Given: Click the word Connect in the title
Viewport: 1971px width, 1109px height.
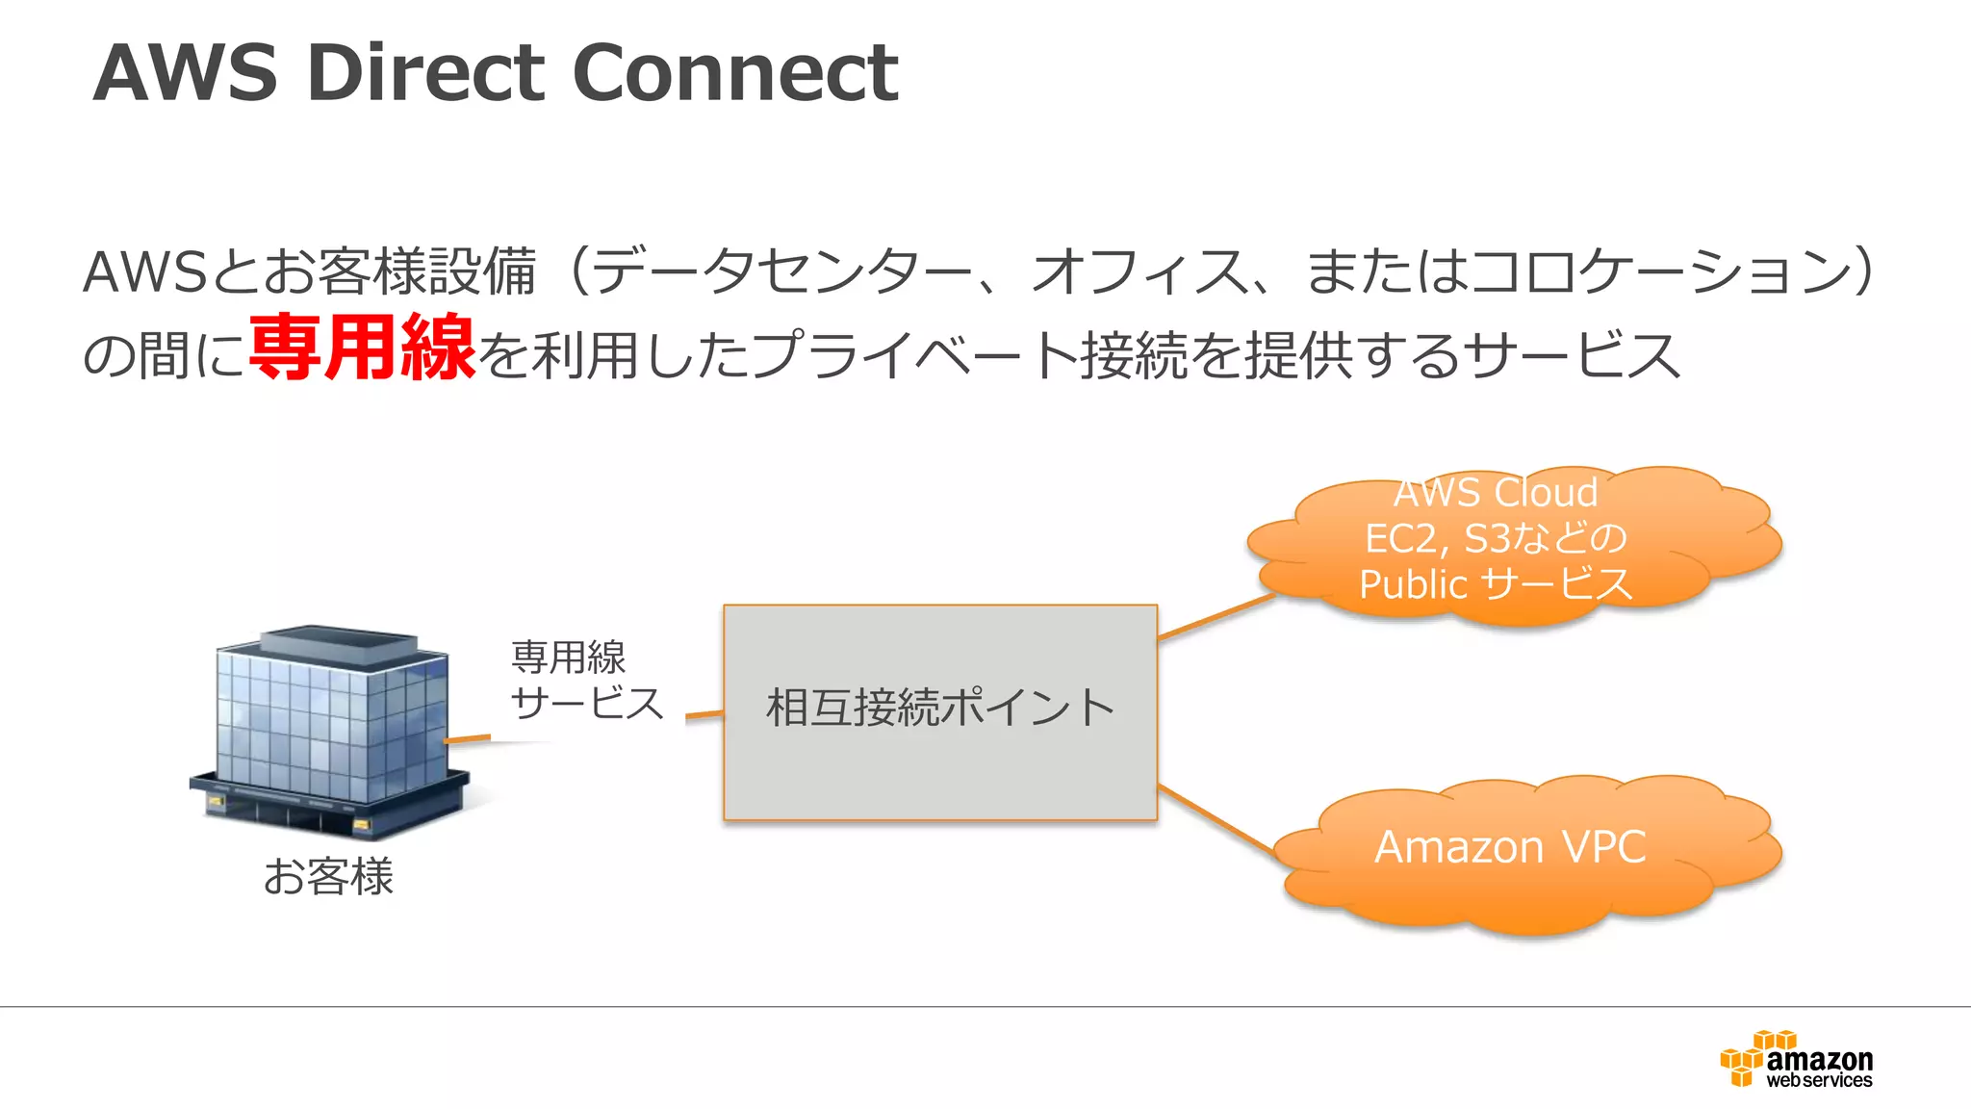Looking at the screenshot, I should [x=735, y=73].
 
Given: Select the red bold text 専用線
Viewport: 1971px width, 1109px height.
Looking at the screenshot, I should [x=362, y=348].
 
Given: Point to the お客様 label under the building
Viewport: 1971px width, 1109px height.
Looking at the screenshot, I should [x=328, y=877].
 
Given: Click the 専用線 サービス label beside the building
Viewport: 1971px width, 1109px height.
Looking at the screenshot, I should [x=586, y=681].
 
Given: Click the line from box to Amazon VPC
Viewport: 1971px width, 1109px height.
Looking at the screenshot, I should [x=1216, y=819].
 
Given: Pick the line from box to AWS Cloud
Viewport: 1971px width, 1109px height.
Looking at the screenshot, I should [x=1216, y=616].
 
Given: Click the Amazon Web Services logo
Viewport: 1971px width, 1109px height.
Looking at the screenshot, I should [x=1797, y=1060].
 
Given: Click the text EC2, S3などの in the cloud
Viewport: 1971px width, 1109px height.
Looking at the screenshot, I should [x=1495, y=538].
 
